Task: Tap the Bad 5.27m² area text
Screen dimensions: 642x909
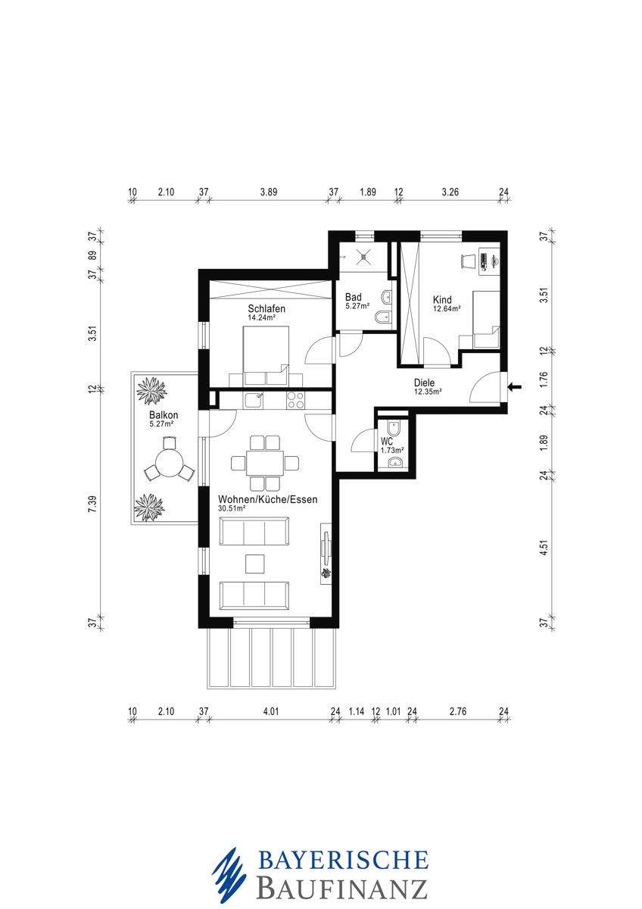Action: point(357,307)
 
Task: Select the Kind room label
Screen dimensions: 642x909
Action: point(442,300)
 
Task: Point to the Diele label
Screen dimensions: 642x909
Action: point(424,383)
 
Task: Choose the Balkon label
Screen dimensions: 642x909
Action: point(164,415)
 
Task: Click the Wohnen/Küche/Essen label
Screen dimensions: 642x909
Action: point(268,499)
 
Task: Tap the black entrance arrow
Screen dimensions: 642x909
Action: point(515,387)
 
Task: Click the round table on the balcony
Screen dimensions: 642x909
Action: point(169,463)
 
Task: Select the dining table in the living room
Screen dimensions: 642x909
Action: point(265,463)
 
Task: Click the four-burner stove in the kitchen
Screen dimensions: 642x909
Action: point(295,400)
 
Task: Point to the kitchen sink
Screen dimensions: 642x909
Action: point(254,400)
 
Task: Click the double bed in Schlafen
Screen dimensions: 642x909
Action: point(266,355)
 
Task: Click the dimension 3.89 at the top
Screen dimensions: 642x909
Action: point(269,192)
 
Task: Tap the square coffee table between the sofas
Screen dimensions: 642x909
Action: point(254,564)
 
